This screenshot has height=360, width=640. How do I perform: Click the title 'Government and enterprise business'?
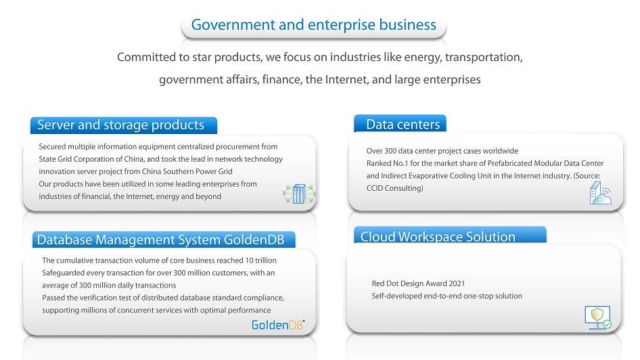(x=313, y=25)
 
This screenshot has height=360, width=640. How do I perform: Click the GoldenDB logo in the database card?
(x=278, y=325)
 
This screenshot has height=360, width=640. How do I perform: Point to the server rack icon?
(x=300, y=194)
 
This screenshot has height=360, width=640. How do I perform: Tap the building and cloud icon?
(x=600, y=193)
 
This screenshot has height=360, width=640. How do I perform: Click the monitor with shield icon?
(x=598, y=318)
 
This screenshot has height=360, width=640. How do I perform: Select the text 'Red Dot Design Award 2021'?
(x=418, y=284)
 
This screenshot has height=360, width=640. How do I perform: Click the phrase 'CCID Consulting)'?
(x=394, y=188)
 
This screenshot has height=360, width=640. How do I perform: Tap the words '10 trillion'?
(x=260, y=261)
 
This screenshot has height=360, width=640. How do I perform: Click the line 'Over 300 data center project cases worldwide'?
(x=442, y=151)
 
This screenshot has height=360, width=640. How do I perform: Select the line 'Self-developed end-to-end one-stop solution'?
(x=447, y=296)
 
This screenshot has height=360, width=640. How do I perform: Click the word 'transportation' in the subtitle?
(x=484, y=57)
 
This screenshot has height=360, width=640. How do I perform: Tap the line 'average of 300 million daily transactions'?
(x=109, y=286)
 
